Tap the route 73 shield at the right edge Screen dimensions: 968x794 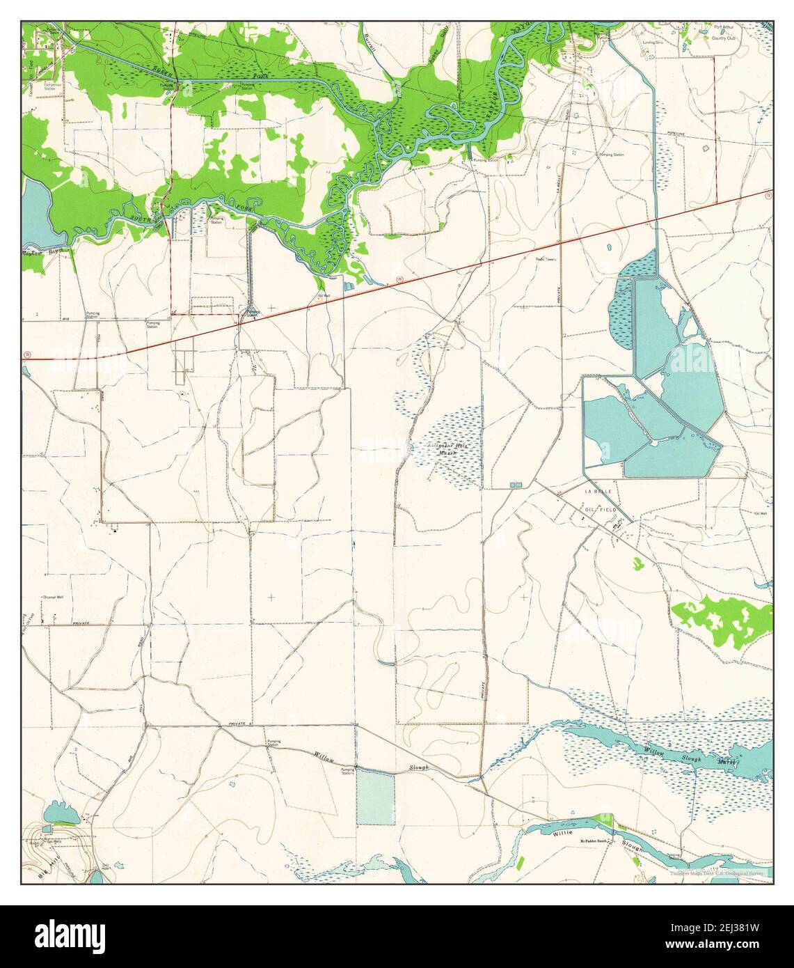click(x=767, y=197)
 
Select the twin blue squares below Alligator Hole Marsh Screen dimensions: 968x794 click(x=516, y=484)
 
